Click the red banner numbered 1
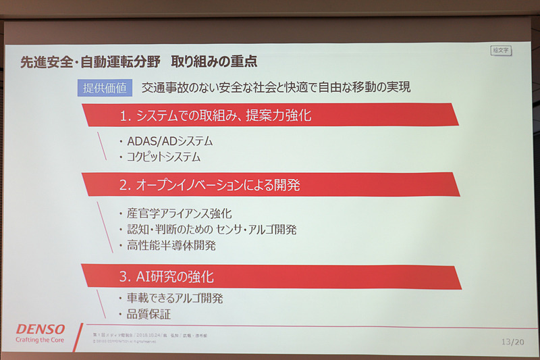[x=270, y=115]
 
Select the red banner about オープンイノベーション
[x=270, y=184]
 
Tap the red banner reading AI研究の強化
[x=270, y=276]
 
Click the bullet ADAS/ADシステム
[x=165, y=141]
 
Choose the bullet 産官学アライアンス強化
[x=179, y=213]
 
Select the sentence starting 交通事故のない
[x=276, y=88]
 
